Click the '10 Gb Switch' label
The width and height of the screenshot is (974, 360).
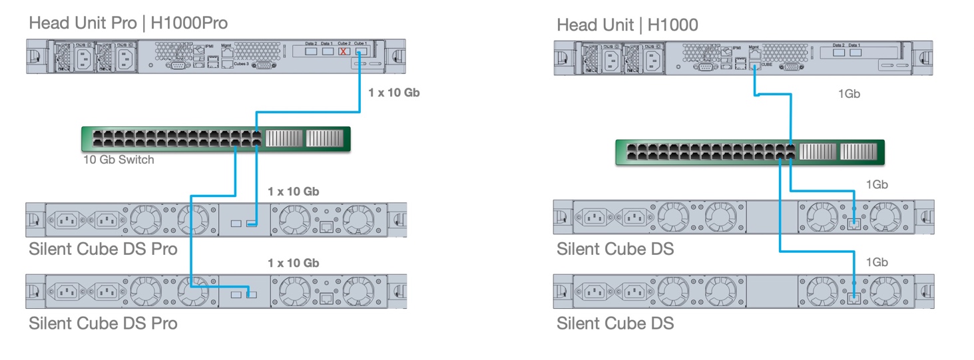(x=119, y=160)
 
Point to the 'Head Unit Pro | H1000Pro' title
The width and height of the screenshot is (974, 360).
(x=128, y=24)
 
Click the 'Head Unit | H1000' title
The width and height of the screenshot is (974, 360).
(x=627, y=25)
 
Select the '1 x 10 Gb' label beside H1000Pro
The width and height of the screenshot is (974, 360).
(x=393, y=92)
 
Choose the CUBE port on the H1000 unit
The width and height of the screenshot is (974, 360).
(x=754, y=65)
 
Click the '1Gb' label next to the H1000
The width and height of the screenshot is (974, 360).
(x=849, y=94)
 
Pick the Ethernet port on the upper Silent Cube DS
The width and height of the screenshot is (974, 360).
(x=854, y=224)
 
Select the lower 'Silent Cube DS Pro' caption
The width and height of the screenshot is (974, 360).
(x=103, y=323)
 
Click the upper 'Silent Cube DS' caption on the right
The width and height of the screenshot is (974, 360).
(x=615, y=250)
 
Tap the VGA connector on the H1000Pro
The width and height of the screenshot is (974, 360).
(x=264, y=65)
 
